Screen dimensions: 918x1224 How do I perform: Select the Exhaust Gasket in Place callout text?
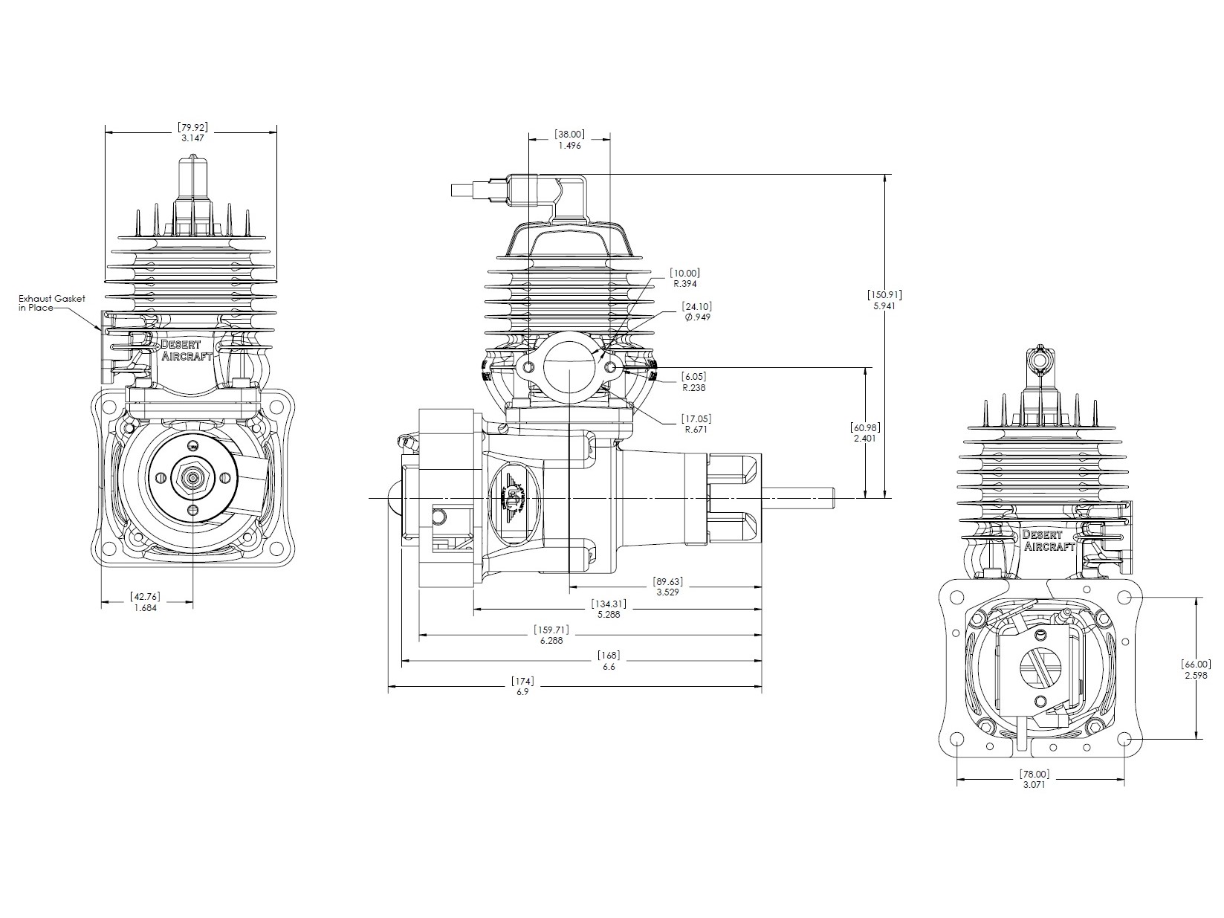(x=51, y=303)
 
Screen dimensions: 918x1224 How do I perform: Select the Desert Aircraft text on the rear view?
(x=1049, y=540)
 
